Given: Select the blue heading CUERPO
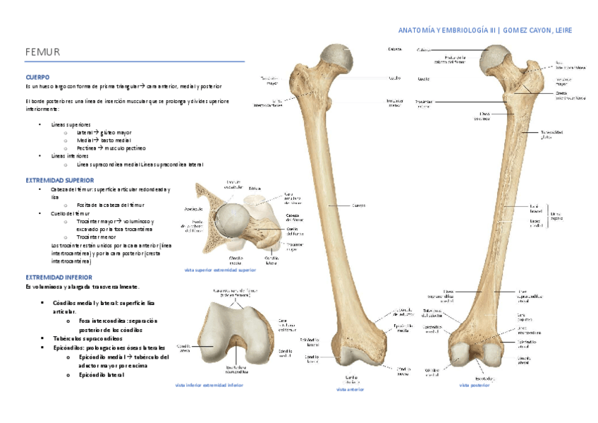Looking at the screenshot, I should pos(37,76).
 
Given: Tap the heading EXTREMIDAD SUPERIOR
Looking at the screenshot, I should pos(59,180).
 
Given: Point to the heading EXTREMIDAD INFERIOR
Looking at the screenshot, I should pos(57,278).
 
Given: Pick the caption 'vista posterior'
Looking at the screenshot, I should pos(474,386).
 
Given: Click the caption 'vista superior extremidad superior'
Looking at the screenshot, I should pos(220,270).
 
